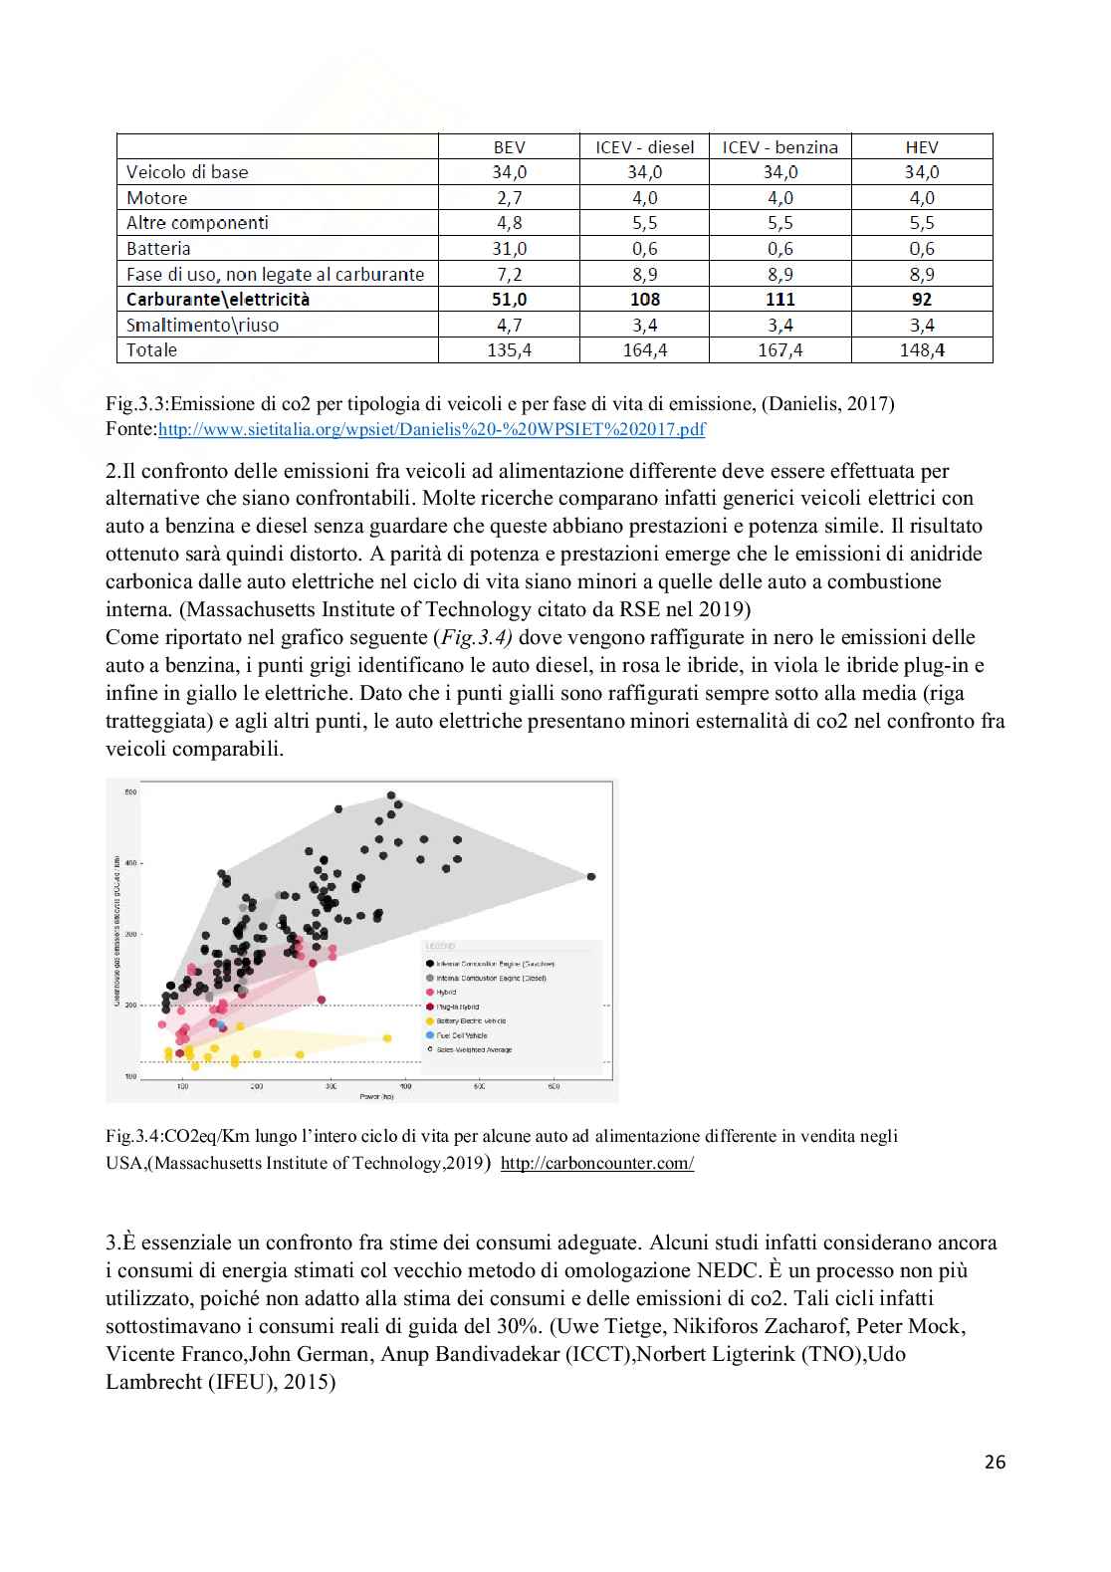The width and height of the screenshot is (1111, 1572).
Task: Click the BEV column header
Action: pos(509,146)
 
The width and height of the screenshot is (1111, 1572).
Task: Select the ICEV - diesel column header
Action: pos(644,146)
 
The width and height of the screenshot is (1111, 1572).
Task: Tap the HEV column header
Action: pos(922,146)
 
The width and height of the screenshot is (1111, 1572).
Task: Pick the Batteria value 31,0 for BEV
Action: pos(509,249)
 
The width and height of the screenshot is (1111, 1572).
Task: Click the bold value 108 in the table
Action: pos(645,300)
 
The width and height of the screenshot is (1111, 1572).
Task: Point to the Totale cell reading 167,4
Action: pos(780,350)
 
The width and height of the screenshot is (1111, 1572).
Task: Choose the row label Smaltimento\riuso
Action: pos(202,326)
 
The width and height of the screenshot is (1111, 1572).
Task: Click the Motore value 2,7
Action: pos(509,198)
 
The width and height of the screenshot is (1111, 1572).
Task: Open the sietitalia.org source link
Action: pos(432,430)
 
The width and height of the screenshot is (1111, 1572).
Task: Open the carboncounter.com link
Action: pos(596,1163)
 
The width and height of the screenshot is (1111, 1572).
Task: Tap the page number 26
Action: pos(995,1461)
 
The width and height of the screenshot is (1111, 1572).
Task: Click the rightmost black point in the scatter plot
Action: pos(591,876)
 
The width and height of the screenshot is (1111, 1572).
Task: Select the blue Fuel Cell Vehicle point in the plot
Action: pos(222,1026)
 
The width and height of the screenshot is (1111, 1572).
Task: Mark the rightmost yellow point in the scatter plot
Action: pos(385,1039)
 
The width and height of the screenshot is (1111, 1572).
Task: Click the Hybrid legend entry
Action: pos(446,993)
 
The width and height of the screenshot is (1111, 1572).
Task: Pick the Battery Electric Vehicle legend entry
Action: pos(470,1020)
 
